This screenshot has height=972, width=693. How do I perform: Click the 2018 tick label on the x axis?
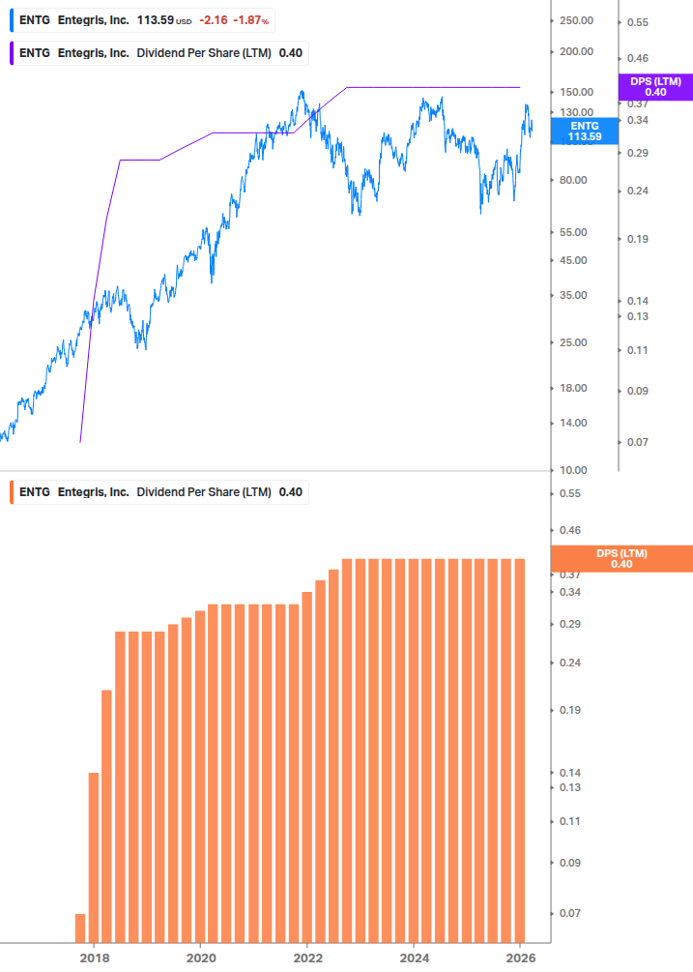tap(94, 957)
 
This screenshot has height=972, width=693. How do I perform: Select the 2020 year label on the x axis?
tap(200, 957)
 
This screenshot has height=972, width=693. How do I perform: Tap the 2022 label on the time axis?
tap(307, 957)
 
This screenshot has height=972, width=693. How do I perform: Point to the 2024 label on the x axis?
tap(414, 957)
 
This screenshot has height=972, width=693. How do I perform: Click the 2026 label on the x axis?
tap(520, 957)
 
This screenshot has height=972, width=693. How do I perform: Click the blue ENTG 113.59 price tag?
tap(584, 132)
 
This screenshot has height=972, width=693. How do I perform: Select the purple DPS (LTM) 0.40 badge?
tap(655, 87)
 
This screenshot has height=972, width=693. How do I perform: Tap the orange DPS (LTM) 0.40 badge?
tap(621, 559)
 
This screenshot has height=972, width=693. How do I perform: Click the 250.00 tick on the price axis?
tap(576, 20)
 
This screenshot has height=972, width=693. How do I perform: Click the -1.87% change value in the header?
tap(251, 19)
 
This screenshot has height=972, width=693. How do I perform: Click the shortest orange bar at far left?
tap(80, 928)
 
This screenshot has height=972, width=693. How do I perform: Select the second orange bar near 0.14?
tap(94, 857)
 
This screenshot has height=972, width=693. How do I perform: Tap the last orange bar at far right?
tap(518, 750)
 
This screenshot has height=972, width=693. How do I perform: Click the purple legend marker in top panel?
tap(12, 53)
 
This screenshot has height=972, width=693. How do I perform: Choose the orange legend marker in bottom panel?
tap(12, 491)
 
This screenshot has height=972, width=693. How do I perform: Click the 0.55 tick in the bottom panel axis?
tap(570, 493)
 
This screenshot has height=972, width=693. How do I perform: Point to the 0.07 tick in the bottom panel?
tap(570, 913)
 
